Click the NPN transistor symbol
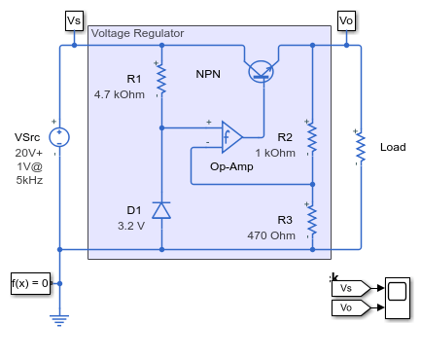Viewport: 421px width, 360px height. click(x=261, y=72)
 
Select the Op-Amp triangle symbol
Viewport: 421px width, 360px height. click(x=231, y=137)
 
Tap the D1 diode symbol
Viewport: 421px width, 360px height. click(x=161, y=210)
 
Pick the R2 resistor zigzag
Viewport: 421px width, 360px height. click(x=312, y=138)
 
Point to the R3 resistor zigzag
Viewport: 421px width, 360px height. click(x=312, y=221)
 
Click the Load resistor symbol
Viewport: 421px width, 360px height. click(x=361, y=148)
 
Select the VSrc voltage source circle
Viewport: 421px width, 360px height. click(x=59, y=137)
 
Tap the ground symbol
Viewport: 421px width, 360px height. click(x=59, y=320)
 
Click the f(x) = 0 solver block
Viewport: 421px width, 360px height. click(x=30, y=283)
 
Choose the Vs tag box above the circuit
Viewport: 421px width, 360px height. click(x=74, y=20)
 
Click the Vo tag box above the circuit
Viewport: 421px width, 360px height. click(x=346, y=20)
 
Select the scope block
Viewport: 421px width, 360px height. click(x=398, y=298)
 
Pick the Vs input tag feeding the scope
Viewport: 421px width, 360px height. click(x=351, y=288)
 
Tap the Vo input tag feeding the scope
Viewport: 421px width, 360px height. click(x=351, y=307)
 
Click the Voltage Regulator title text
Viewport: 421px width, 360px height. click(x=137, y=33)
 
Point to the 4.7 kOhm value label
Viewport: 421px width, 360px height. click(x=120, y=94)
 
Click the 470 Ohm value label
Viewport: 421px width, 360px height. click(x=271, y=235)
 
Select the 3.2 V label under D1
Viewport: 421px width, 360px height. click(x=131, y=226)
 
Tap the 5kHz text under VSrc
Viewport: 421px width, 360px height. click(x=29, y=180)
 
